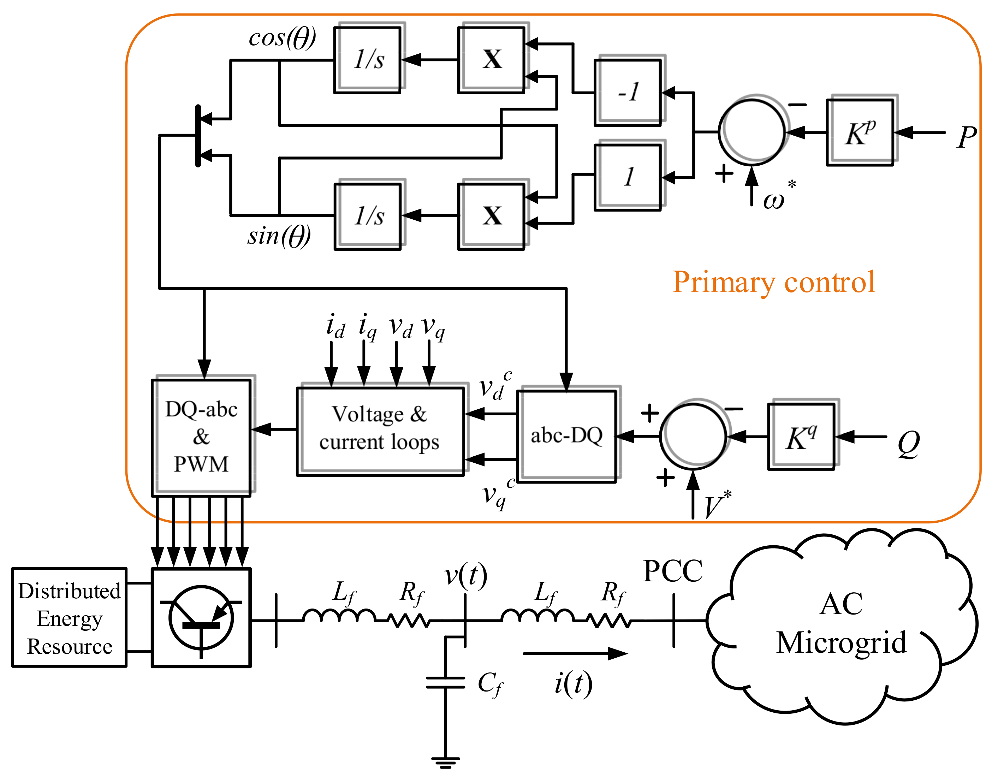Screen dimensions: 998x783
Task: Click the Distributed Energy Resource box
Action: point(69,617)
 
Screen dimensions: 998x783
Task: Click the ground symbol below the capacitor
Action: point(445,763)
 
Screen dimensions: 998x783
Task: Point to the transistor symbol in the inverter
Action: point(201,618)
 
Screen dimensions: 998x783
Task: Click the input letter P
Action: point(966,137)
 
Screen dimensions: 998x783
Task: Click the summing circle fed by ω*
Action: point(752,132)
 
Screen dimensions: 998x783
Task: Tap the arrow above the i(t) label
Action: point(575,654)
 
